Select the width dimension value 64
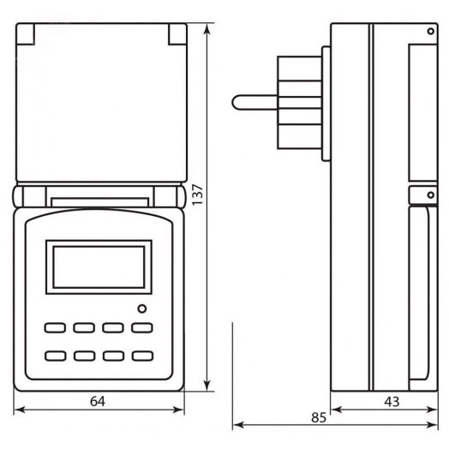(x=99, y=401)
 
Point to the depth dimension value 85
(x=318, y=418)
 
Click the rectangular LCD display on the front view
(x=99, y=266)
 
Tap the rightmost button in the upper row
(x=141, y=327)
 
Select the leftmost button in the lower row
(x=56, y=355)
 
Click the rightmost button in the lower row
(x=141, y=355)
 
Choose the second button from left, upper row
(x=84, y=327)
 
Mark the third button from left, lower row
(x=113, y=355)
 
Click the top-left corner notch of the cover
(x=26, y=33)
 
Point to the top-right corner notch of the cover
(x=177, y=33)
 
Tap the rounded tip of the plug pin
(x=236, y=102)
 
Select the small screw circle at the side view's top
(x=430, y=32)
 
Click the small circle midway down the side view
(x=430, y=195)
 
